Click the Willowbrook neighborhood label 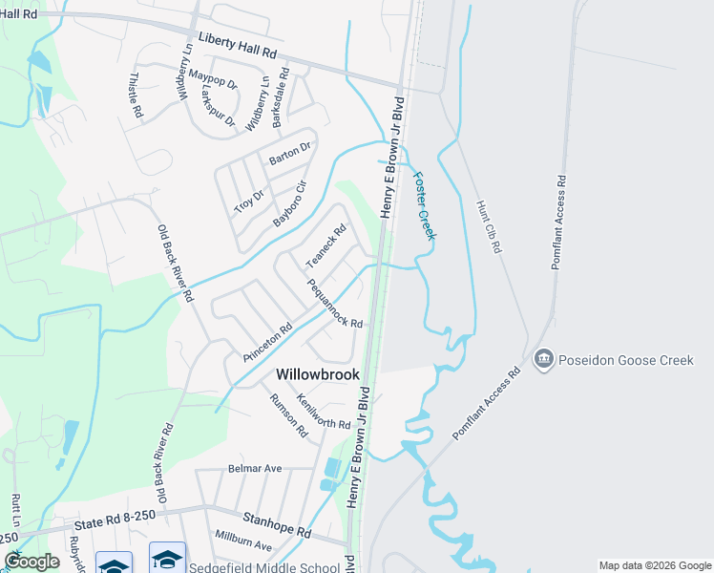point(318,375)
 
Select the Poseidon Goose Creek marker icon point(544,359)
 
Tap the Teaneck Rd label point(325,245)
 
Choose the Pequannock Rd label point(334,304)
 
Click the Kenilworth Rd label point(324,411)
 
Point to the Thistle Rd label point(136,95)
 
